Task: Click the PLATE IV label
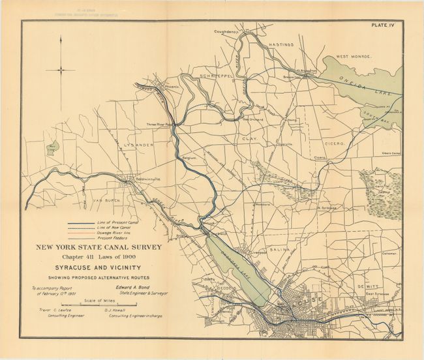(x=384, y=26)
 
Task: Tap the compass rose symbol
(x=61, y=70)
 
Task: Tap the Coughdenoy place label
(x=227, y=31)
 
